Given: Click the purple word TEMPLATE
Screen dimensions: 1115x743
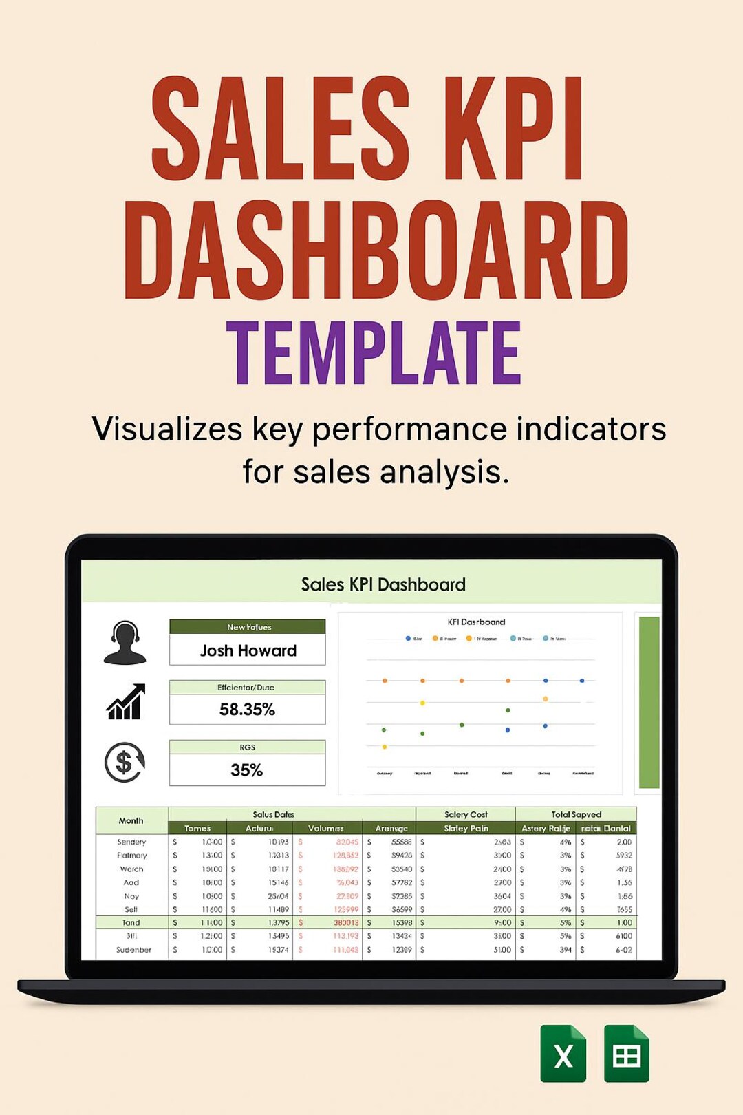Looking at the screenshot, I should click(374, 353).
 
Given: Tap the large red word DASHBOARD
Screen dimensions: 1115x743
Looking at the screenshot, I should click(376, 250).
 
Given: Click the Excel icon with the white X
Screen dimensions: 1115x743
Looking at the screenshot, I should click(563, 1054).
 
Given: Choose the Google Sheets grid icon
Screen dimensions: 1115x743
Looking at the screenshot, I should click(626, 1054).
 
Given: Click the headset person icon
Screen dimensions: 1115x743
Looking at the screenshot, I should click(125, 643).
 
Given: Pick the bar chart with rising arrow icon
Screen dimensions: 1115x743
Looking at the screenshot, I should click(126, 702).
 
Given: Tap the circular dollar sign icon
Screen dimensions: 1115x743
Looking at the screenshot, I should click(125, 762).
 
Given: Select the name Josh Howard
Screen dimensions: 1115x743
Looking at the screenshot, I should click(248, 650).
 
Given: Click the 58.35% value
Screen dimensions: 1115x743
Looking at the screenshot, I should click(247, 710).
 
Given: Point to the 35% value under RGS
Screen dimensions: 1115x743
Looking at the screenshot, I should click(247, 770).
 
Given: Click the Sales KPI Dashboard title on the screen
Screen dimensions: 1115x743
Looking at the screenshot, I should click(383, 584).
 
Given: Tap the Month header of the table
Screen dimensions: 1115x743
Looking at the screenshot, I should click(131, 820).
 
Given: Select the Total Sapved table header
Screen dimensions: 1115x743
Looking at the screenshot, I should click(576, 814).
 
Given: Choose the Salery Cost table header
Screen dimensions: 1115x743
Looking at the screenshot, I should click(466, 814).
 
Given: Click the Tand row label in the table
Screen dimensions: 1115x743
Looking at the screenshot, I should click(131, 922).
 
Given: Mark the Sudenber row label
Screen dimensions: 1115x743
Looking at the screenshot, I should click(133, 950).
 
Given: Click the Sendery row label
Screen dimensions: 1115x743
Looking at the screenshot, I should click(131, 842).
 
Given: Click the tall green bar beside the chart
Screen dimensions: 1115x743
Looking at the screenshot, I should click(649, 702).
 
